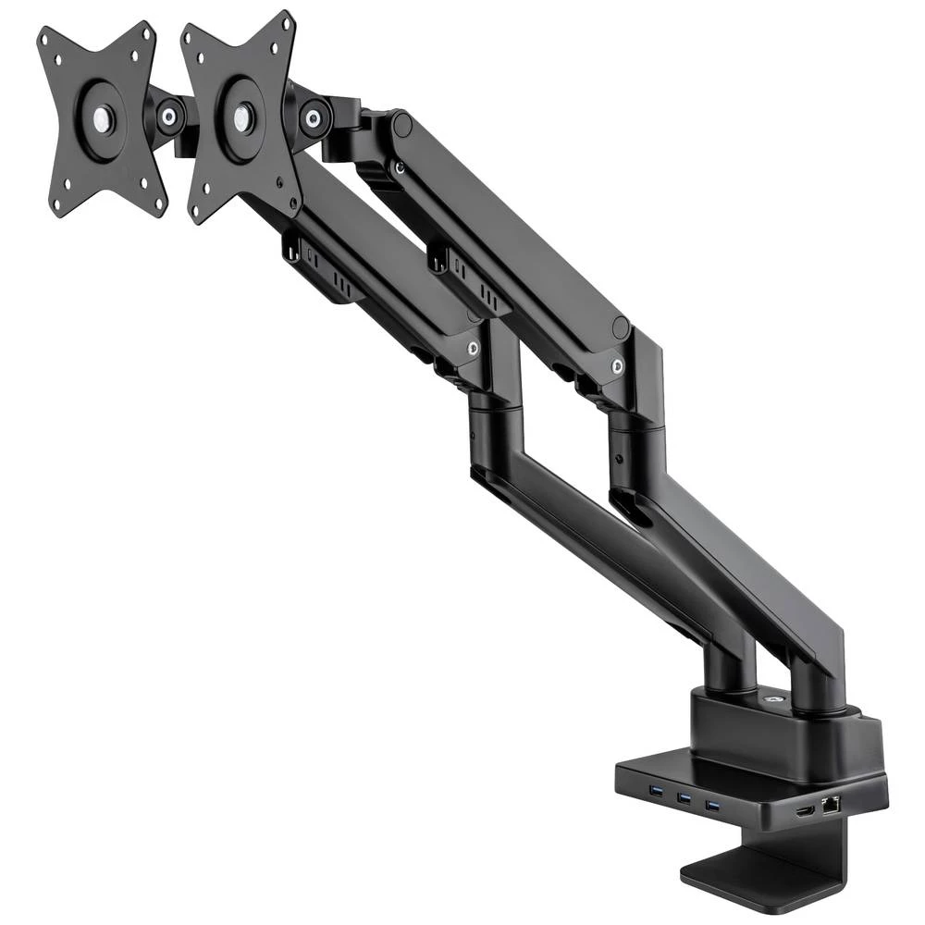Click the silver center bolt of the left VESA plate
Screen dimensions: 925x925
coord(103,118)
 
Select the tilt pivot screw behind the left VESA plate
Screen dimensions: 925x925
coord(170,116)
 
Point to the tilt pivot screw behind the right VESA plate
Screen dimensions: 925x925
coord(314,117)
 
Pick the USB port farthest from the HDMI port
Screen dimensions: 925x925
coord(652,791)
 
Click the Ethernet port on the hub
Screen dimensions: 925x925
coord(830,804)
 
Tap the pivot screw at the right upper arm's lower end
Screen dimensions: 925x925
coord(617,365)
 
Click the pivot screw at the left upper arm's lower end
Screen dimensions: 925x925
coord(473,349)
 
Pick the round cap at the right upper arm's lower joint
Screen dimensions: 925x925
coord(621,327)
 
